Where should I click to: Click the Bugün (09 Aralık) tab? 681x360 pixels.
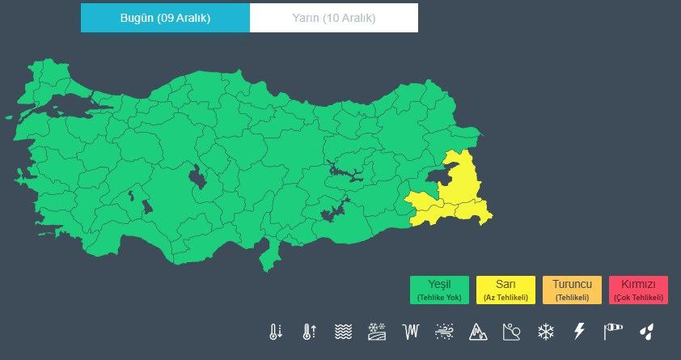165,18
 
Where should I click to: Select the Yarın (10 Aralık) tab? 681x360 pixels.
333,18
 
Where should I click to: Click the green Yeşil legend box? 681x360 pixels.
439,290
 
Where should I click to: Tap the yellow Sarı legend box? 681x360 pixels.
505,290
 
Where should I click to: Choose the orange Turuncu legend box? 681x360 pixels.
572,290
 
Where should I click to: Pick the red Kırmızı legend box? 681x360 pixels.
638,290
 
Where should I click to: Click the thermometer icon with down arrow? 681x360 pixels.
277,331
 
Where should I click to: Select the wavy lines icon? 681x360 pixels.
344,331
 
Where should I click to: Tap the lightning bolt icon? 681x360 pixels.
578,331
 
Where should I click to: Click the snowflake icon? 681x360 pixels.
546,331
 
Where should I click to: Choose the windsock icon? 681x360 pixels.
614,331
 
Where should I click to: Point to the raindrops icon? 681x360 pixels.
647,331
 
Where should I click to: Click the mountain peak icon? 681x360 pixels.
478,331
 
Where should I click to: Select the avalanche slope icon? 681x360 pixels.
511,331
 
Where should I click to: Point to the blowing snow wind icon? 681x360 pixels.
444,331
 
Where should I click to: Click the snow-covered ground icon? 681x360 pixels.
378,331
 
